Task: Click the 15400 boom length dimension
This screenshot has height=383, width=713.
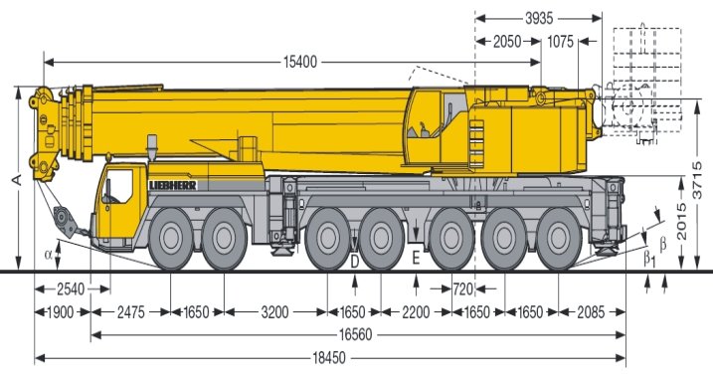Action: pyautogui.click(x=300, y=62)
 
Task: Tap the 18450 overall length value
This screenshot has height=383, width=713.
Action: pyautogui.click(x=329, y=358)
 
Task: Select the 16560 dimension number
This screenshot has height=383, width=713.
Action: pyautogui.click(x=355, y=335)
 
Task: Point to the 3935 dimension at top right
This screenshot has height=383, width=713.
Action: pyautogui.click(x=539, y=18)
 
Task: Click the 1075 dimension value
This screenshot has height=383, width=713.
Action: pyautogui.click(x=560, y=42)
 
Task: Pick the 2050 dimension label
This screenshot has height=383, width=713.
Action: pyautogui.click(x=507, y=42)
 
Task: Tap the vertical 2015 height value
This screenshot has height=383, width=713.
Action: pyautogui.click(x=681, y=222)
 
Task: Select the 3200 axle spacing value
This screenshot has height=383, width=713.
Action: pyautogui.click(x=275, y=312)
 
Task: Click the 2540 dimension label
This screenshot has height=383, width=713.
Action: pyautogui.click(x=71, y=289)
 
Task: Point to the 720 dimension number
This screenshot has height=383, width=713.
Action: pyautogui.click(x=463, y=288)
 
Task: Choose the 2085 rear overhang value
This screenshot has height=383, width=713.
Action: pyautogui.click(x=591, y=312)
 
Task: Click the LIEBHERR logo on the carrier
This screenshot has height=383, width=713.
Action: pyautogui.click(x=173, y=185)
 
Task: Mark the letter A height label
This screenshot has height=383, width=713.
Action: pyautogui.click(x=16, y=180)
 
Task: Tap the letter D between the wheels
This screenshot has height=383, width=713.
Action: pyautogui.click(x=355, y=262)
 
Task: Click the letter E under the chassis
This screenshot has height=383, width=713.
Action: pyautogui.click(x=416, y=259)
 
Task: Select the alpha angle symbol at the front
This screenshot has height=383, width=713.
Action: pyautogui.click(x=49, y=255)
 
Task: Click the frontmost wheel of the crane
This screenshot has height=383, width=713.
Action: pyautogui.click(x=171, y=240)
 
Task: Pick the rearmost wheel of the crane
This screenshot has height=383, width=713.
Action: pyautogui.click(x=559, y=240)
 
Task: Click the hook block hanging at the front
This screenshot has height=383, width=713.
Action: pyautogui.click(x=65, y=221)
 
